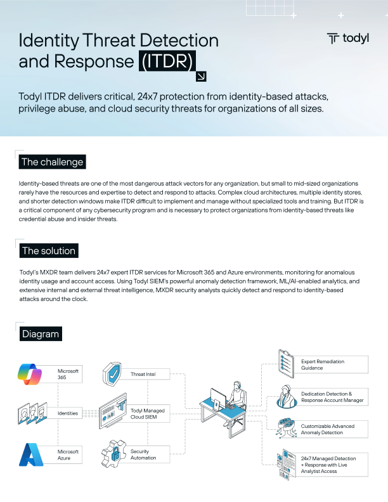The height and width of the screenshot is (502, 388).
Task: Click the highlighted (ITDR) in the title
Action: (167, 61)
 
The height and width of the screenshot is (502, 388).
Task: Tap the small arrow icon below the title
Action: (202, 77)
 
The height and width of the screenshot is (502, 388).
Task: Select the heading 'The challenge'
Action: (52, 162)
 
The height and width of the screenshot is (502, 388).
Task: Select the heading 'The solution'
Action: (49, 250)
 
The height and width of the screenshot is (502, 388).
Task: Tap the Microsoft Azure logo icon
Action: (32, 454)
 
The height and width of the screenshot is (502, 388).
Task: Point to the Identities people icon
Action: (32, 413)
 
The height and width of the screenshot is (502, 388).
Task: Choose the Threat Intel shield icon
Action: (112, 374)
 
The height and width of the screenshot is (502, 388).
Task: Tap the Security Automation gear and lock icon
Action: (112, 454)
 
